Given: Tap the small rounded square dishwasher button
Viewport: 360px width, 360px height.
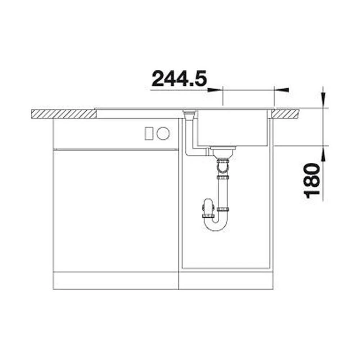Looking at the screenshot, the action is [149, 134].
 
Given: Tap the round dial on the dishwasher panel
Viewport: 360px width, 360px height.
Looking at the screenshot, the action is [163, 133].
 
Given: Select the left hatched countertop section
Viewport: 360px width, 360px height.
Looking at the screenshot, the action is [63, 114].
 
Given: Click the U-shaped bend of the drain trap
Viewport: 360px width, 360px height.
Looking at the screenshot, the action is [215, 225].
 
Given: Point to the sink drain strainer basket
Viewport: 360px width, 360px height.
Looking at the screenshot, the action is [223, 152].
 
